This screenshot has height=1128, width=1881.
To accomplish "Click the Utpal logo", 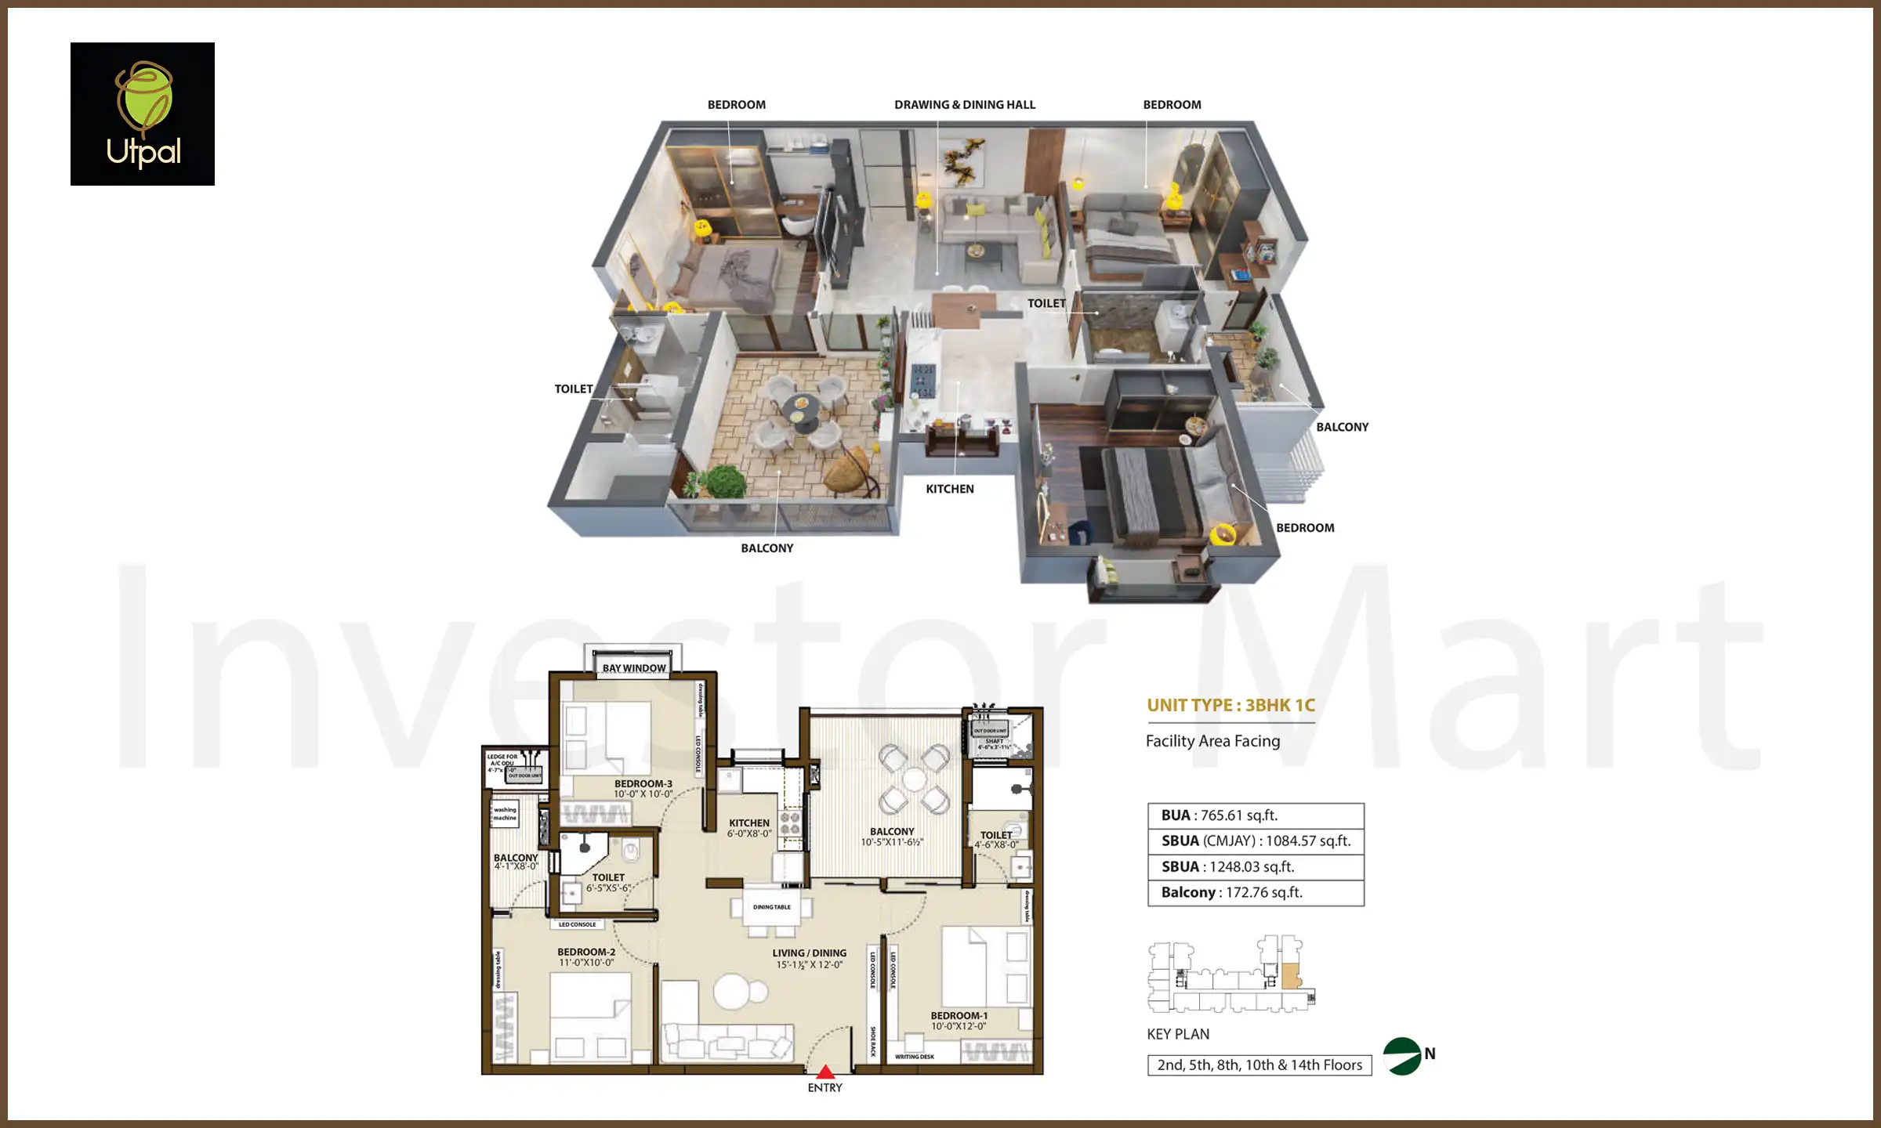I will pos(143,114).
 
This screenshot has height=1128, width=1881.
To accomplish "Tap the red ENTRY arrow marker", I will pos(825,1072).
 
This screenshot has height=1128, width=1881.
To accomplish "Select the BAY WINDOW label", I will pos(634,668).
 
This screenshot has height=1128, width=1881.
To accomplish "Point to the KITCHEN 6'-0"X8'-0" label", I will pos(749,828).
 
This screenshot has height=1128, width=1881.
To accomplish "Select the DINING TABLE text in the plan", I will pos(772,907).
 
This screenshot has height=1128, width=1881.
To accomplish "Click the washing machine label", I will pos(505,814).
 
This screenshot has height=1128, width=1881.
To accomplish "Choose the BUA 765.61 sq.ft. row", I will pos(1256,815).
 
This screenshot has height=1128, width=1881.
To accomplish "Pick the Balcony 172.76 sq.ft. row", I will pos(1256,893).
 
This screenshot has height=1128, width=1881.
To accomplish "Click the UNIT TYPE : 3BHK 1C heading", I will pos(1230,705).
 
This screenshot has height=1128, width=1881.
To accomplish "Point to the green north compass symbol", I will pos(1403,1057).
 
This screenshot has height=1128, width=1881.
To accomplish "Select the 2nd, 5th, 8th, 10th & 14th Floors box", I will pos(1259,1065).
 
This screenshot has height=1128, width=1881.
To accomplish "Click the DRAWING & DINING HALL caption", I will pos(964,105).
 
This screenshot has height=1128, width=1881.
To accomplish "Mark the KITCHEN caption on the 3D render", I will pos(950,489).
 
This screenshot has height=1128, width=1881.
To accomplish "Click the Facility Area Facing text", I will pos(1212,741).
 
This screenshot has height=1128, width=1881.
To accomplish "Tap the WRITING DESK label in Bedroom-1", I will pos(915,1057).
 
